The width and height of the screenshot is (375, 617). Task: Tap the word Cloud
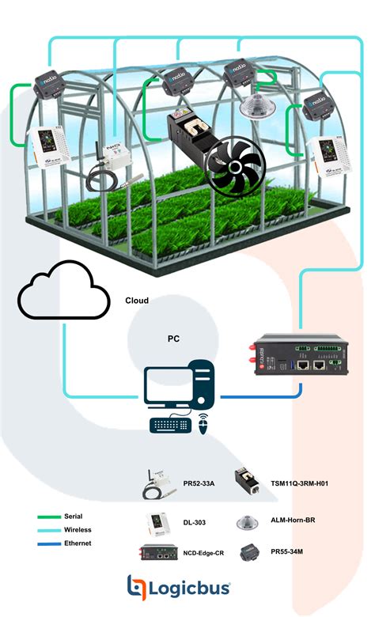pos(137,301)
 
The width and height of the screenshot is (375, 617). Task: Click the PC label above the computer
pos(173,339)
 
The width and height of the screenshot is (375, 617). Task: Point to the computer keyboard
pos(172,425)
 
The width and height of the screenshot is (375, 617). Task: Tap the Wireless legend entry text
pos(78,530)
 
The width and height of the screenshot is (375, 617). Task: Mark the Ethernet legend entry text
pos(78,543)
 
